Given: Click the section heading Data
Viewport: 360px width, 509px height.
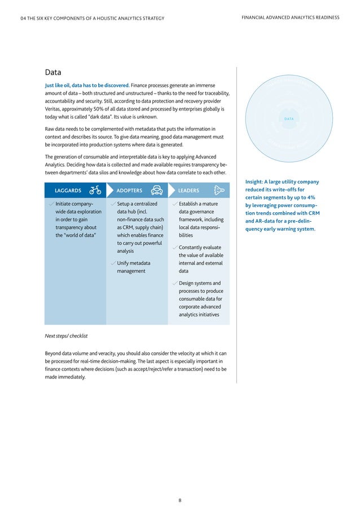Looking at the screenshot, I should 53,72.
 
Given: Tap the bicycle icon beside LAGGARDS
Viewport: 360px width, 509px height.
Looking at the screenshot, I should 95,190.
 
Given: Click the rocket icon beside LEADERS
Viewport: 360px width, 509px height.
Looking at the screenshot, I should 218,190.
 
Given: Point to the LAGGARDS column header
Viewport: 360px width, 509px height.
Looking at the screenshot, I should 68,191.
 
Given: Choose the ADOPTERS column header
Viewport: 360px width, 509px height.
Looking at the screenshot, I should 129,191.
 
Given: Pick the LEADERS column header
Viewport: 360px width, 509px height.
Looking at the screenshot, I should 188,191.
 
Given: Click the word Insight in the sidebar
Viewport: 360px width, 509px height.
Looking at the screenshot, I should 254,182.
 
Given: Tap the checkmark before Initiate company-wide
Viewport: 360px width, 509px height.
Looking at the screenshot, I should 51,204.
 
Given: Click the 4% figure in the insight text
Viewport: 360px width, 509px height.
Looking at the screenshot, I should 311,198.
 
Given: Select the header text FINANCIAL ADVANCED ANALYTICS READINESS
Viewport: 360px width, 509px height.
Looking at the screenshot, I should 290,17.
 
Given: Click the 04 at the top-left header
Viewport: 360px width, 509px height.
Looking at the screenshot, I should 23,18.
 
